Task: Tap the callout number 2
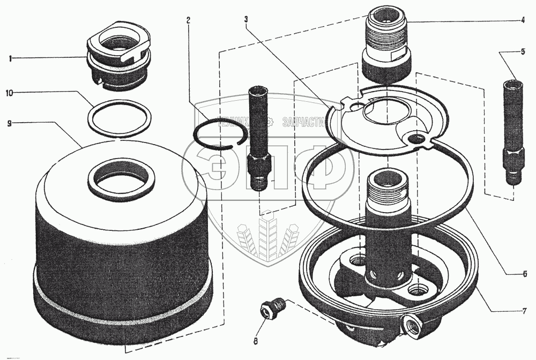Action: click(188, 20)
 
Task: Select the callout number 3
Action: click(245, 20)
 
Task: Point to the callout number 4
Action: click(522, 21)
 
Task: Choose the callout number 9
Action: click(9, 123)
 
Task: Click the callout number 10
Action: click(9, 93)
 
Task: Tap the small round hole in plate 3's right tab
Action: click(414, 139)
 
